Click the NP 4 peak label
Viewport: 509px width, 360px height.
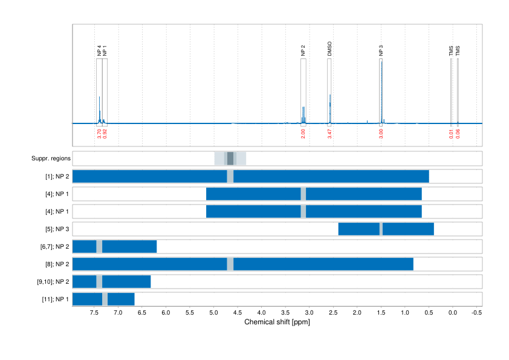click(99, 50)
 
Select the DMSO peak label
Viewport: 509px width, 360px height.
click(329, 49)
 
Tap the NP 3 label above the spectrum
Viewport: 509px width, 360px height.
click(381, 50)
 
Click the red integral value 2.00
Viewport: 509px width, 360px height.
click(303, 133)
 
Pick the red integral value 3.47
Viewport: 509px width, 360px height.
click(329, 133)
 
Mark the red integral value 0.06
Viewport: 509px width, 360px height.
click(458, 133)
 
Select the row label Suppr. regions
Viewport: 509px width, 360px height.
click(51, 159)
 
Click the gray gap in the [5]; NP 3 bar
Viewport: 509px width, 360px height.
click(381, 229)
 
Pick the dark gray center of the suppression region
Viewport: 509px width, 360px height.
click(230, 159)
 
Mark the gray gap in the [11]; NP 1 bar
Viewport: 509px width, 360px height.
click(105, 299)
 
